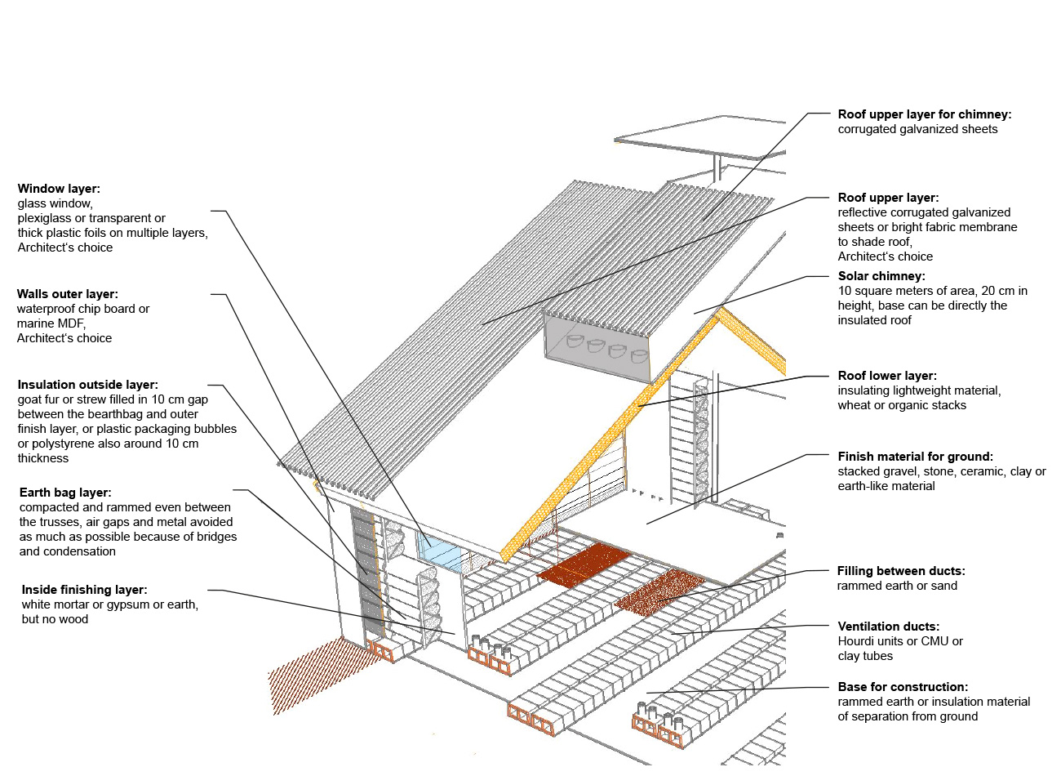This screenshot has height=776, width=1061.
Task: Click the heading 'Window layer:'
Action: (59, 189)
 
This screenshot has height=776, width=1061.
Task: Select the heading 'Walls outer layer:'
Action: (67, 294)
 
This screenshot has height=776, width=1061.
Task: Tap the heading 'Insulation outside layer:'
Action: (87, 385)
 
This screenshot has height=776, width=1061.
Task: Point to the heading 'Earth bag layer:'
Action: (65, 493)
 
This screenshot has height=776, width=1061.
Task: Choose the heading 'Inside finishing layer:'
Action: (84, 590)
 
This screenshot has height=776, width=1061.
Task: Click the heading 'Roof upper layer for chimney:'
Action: (924, 114)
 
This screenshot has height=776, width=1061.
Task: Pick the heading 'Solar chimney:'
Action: (881, 276)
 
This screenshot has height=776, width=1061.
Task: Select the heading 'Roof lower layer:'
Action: (887, 376)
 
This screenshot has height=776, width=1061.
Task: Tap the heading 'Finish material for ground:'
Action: (915, 457)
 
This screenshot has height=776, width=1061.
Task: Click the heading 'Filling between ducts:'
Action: (901, 571)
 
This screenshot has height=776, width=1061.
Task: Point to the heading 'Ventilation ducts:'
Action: (888, 627)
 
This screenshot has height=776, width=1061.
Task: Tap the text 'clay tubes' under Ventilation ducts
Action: (865, 656)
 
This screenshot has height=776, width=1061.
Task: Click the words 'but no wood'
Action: (55, 619)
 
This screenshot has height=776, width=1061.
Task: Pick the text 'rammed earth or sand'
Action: (897, 586)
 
